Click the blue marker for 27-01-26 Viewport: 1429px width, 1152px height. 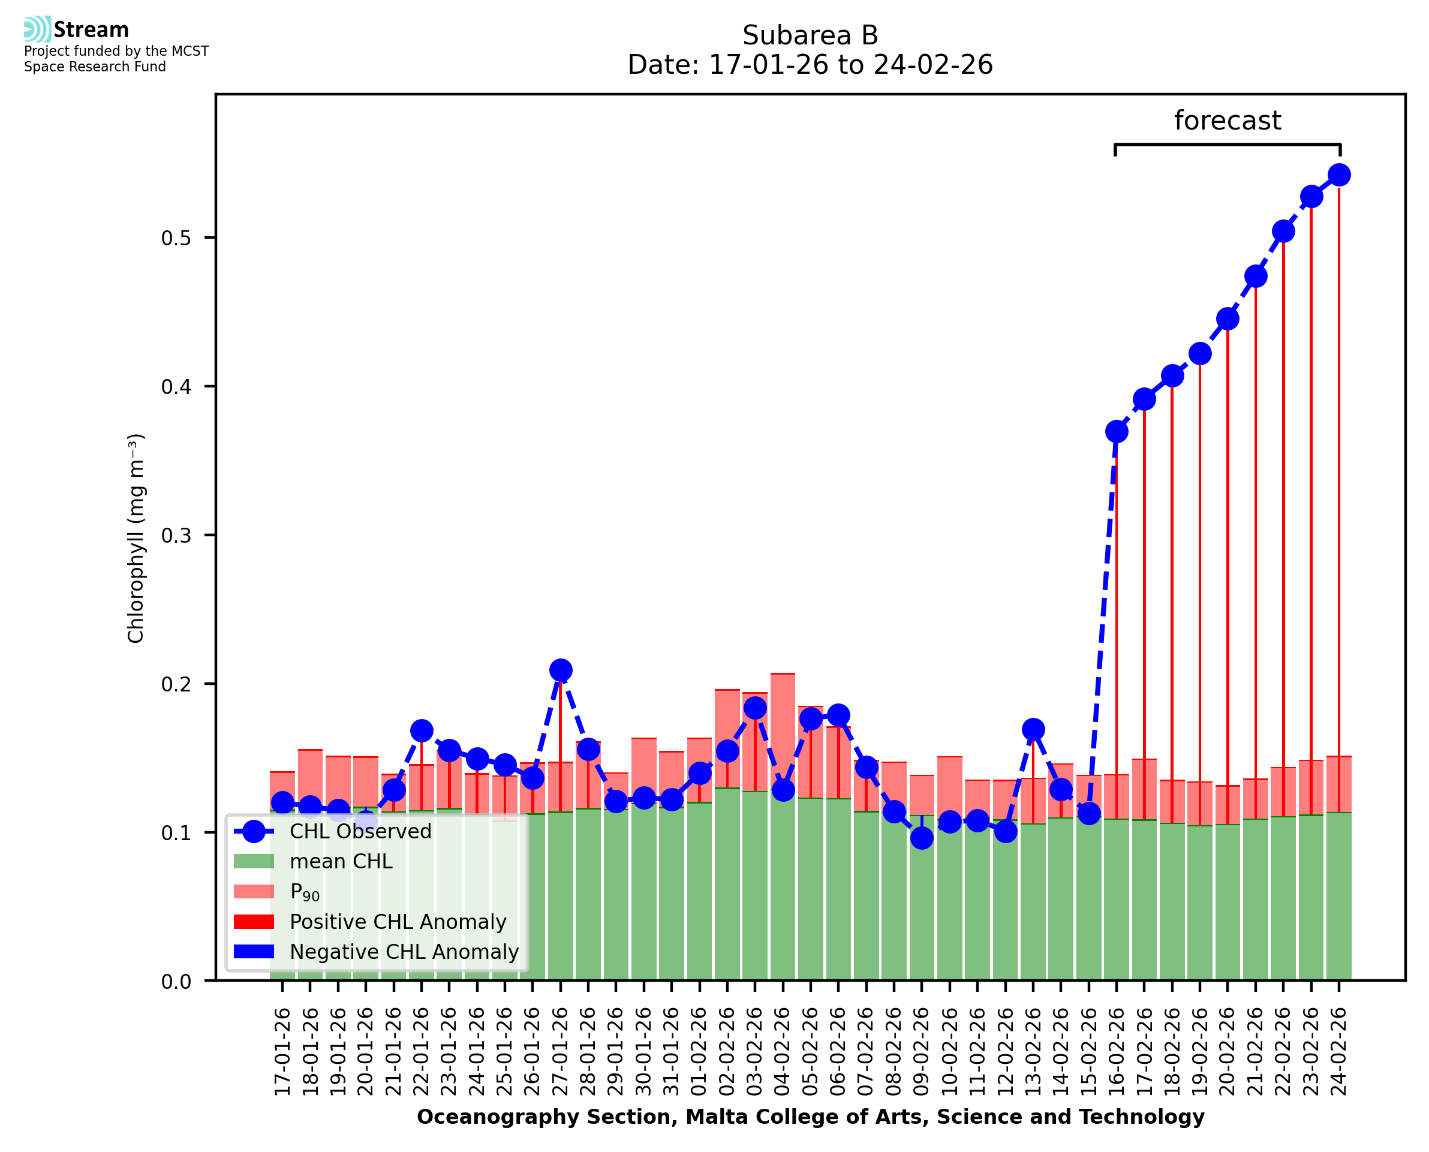561,670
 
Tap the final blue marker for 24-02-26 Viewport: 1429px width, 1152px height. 1339,175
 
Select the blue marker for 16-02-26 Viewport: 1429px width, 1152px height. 1117,431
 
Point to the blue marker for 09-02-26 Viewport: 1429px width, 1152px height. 922,838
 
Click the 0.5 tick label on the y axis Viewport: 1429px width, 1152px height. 176,238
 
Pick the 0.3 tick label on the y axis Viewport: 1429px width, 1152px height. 176,536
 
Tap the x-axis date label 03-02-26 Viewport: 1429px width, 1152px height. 755,1052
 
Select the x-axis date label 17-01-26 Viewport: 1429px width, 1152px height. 282,1052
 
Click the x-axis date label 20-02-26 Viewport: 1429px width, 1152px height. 1228,1052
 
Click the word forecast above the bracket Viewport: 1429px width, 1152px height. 1228,121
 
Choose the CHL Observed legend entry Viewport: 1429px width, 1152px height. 360,832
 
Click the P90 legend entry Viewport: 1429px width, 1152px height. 305,892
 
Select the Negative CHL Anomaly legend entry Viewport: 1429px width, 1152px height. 404,952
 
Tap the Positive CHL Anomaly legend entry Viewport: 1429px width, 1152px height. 398,922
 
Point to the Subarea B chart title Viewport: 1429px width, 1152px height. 810,35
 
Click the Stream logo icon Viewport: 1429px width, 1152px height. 37,29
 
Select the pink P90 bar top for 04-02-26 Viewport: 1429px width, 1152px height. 783,674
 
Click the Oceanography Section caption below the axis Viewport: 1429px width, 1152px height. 810,1117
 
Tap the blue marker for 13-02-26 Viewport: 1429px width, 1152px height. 1033,730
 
